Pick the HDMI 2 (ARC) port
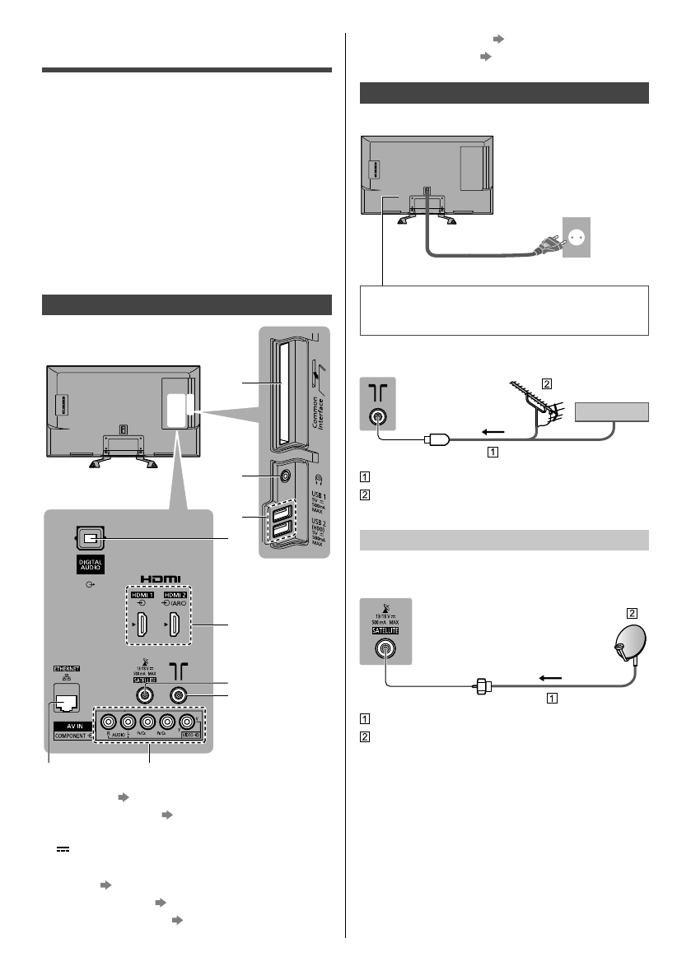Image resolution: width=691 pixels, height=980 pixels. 175,631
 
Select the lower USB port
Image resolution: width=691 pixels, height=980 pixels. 280,532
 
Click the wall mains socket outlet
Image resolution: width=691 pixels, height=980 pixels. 576,237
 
